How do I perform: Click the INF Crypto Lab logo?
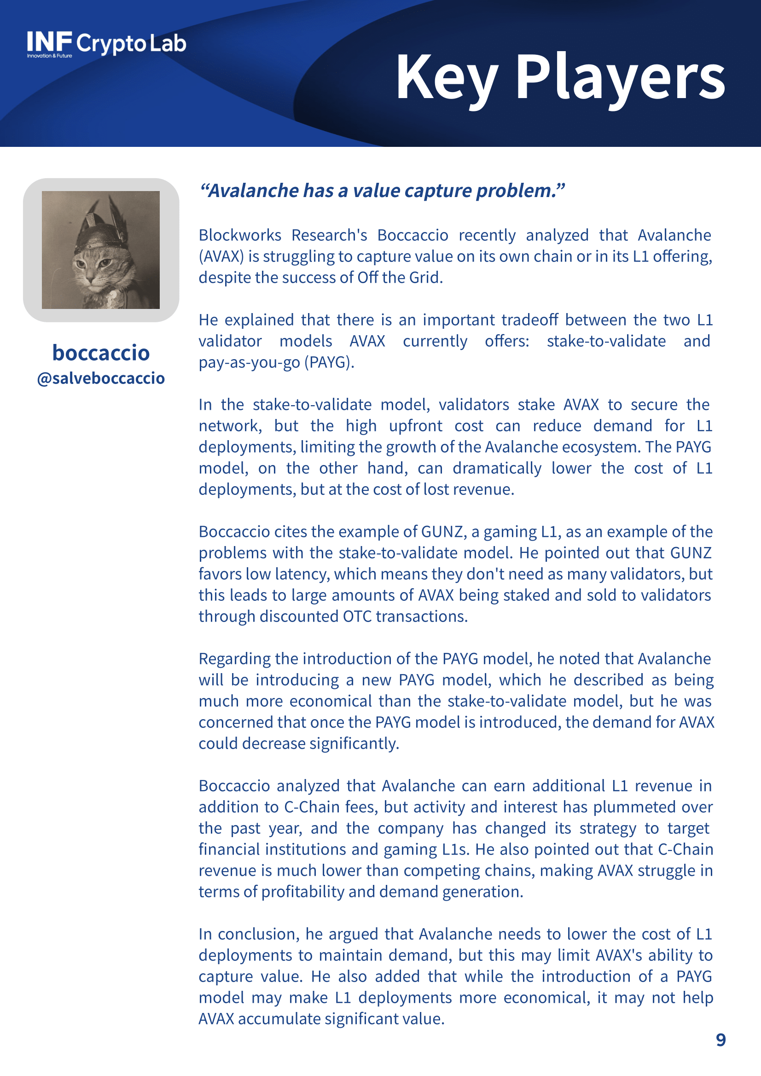[x=106, y=44]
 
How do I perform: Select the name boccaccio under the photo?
[x=101, y=353]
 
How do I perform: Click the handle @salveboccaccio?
[x=101, y=378]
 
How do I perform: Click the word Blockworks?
[x=240, y=235]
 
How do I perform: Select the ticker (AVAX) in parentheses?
[x=221, y=256]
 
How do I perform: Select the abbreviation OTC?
[x=358, y=616]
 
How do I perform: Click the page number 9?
[x=720, y=1040]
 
